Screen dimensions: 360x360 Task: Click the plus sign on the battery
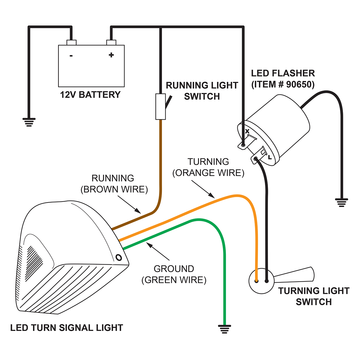click(111, 55)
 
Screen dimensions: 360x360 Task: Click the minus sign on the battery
click(71, 55)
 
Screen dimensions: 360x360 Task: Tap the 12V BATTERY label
click(90, 95)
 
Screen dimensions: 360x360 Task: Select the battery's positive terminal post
click(111, 42)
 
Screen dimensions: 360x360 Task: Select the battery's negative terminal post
click(71, 42)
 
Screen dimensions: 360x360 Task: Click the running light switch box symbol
click(160, 106)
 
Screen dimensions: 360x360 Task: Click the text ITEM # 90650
click(283, 84)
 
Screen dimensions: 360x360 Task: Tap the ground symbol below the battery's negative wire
click(29, 122)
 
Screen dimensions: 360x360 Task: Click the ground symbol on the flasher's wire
click(341, 203)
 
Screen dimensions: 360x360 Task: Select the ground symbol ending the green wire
click(224, 329)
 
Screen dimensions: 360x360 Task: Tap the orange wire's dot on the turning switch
click(256, 281)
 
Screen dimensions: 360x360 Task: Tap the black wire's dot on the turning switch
click(266, 281)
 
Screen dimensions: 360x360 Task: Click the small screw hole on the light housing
click(118, 257)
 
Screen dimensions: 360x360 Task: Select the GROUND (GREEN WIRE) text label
click(174, 274)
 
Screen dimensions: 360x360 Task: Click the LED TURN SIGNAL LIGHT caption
click(67, 328)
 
